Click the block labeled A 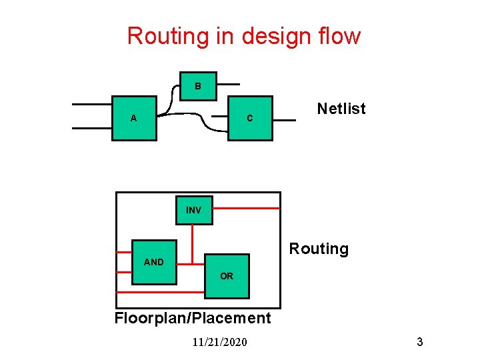[134, 118]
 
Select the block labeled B [198, 86]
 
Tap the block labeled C [250, 118]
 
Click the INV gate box [193, 210]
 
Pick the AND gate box [154, 262]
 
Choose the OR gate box [227, 276]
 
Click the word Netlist [341, 109]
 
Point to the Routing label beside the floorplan [319, 249]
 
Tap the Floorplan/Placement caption [193, 318]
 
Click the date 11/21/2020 [219, 342]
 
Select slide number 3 [420, 342]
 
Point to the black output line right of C [285, 121]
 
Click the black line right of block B [229, 85]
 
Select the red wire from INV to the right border [247, 209]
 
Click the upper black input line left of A [92, 105]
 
